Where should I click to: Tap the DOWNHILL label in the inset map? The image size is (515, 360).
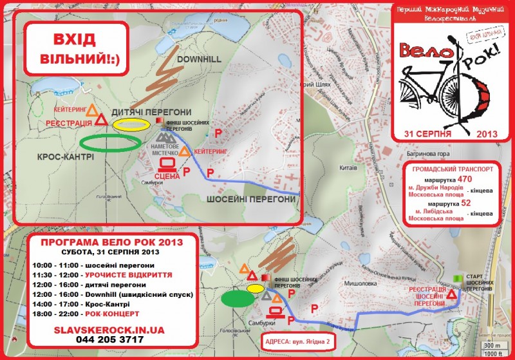(198, 59)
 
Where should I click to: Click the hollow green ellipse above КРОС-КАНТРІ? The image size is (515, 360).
(110, 142)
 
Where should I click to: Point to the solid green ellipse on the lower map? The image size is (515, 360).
(238, 299)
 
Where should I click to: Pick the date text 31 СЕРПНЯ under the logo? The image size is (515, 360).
(427, 133)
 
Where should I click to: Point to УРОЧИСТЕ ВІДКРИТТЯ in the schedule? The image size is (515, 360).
(122, 274)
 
